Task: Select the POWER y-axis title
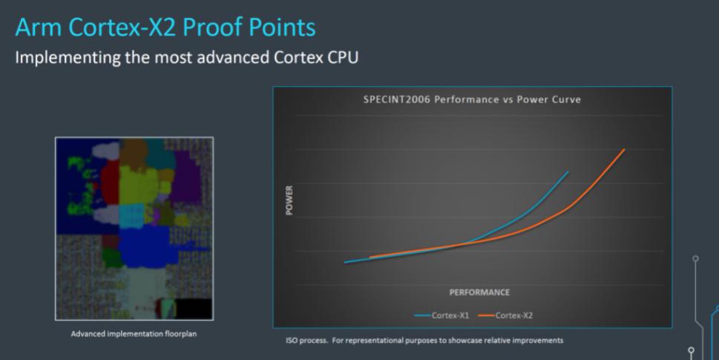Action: click(x=289, y=200)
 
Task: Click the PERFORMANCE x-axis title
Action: click(x=479, y=292)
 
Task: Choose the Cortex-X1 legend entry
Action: click(x=441, y=315)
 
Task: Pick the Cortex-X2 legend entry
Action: click(x=505, y=315)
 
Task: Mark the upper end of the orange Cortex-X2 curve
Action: click(x=625, y=149)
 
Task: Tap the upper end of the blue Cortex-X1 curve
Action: click(x=568, y=172)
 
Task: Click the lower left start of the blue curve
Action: click(x=345, y=263)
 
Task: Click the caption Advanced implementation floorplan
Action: click(x=134, y=334)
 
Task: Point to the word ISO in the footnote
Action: click(x=292, y=340)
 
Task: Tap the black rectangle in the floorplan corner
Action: click(x=194, y=308)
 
